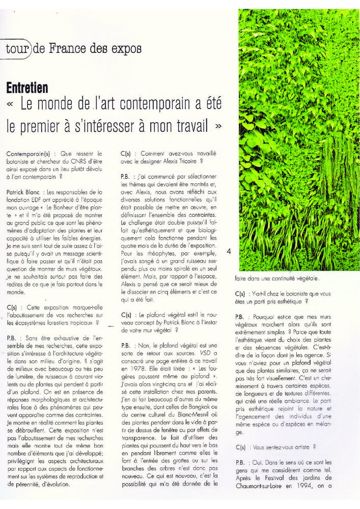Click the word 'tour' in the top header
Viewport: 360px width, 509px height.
tap(18, 49)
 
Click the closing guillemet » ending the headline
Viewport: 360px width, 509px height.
tap(218, 125)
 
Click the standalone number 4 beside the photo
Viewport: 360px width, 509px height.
tap(229, 250)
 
